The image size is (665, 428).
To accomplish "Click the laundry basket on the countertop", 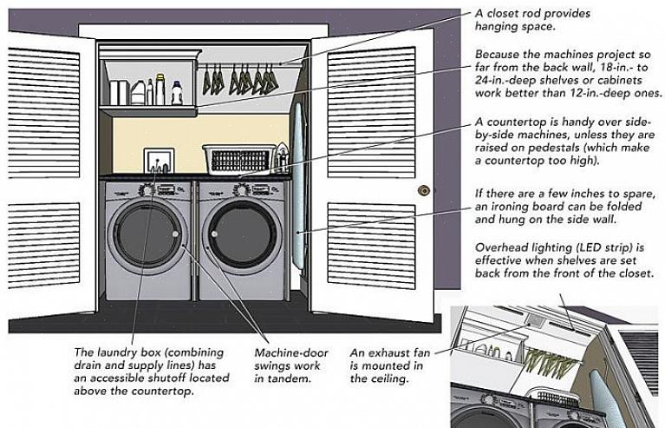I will (238, 160).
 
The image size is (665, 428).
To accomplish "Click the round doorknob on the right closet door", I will (424, 190).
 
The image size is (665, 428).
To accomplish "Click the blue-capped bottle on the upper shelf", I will (177, 90).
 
